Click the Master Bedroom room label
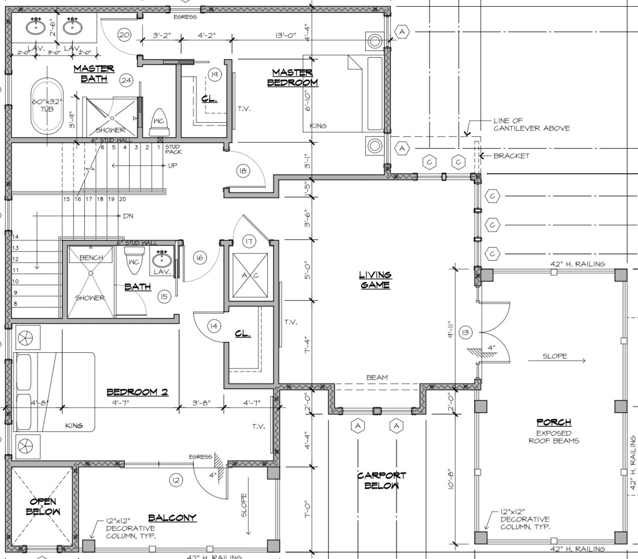click(292, 78)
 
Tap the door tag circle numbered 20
click(124, 35)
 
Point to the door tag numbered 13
click(465, 332)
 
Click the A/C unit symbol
click(249, 275)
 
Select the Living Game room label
click(375, 279)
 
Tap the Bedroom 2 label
click(137, 391)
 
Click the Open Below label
click(43, 506)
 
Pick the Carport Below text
click(382, 480)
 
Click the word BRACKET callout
click(511, 156)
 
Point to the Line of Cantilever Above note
click(531, 124)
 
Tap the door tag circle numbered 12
click(175, 480)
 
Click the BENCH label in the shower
click(91, 258)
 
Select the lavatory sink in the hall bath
click(162, 258)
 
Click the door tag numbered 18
click(243, 171)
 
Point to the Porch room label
click(554, 422)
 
